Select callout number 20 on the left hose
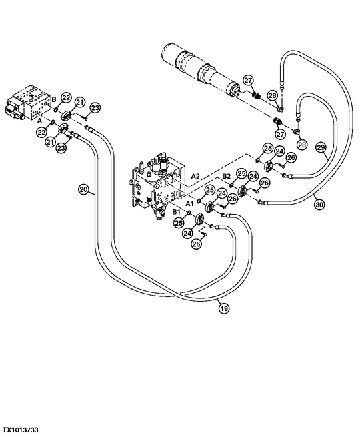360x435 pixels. tap(83, 189)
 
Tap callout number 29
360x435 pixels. tap(320, 148)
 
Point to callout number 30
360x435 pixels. tap(319, 205)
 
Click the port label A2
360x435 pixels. tap(196, 175)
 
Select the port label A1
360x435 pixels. tap(189, 201)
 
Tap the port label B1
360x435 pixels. tap(177, 211)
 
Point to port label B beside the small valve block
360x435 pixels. tap(53, 101)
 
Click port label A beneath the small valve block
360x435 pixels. tap(39, 122)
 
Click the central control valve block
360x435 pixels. tap(156, 183)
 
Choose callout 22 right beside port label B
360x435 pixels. tap(65, 98)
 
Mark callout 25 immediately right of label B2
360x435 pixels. tap(241, 175)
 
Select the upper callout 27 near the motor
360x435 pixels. tap(247, 81)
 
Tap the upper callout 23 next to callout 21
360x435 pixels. tap(95, 107)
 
